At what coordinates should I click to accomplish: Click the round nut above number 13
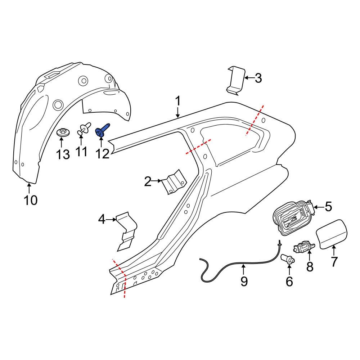tap(63, 132)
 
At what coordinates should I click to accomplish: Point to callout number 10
tap(31, 200)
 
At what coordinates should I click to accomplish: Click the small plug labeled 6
tap(288, 258)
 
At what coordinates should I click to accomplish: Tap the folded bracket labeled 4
tap(127, 230)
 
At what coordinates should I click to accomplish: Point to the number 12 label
tap(102, 154)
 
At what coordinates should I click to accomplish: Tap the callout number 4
tap(102, 219)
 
